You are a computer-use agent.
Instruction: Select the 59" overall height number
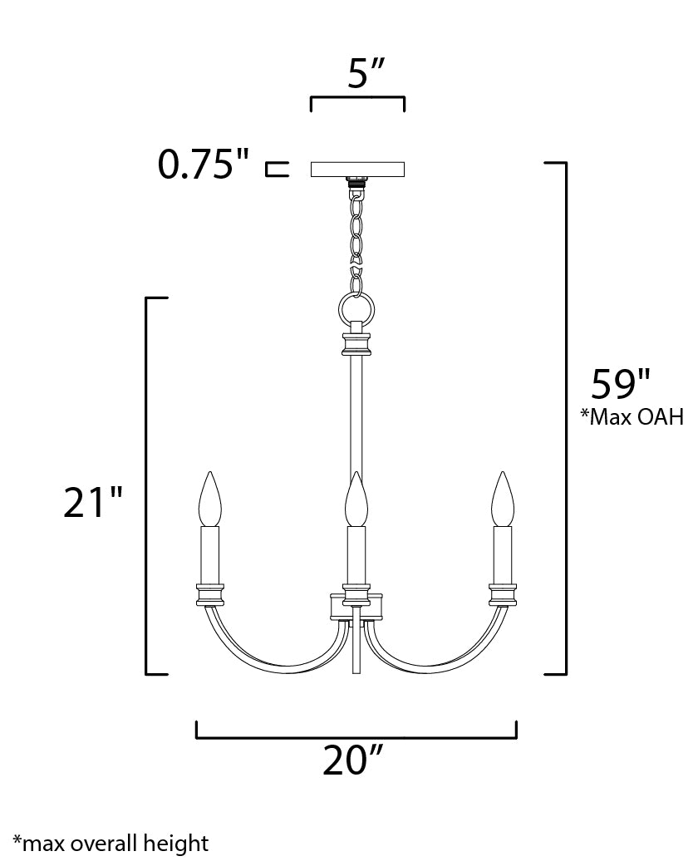pyautogui.click(x=620, y=384)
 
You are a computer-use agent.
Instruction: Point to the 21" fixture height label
pyautogui.click(x=93, y=503)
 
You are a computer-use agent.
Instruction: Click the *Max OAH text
pyautogui.click(x=632, y=417)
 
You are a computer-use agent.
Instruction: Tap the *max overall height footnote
pyautogui.click(x=111, y=844)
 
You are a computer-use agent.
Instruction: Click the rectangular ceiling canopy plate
pyautogui.click(x=357, y=169)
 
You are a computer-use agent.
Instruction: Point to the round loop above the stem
pyautogui.click(x=357, y=310)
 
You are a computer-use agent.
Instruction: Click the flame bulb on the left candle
pyautogui.click(x=211, y=499)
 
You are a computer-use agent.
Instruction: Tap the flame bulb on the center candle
pyautogui.click(x=356, y=499)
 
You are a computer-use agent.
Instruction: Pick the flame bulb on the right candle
pyautogui.click(x=502, y=499)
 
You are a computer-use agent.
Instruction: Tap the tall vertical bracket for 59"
pyautogui.click(x=565, y=416)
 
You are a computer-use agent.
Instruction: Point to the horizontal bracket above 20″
pyautogui.click(x=356, y=736)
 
